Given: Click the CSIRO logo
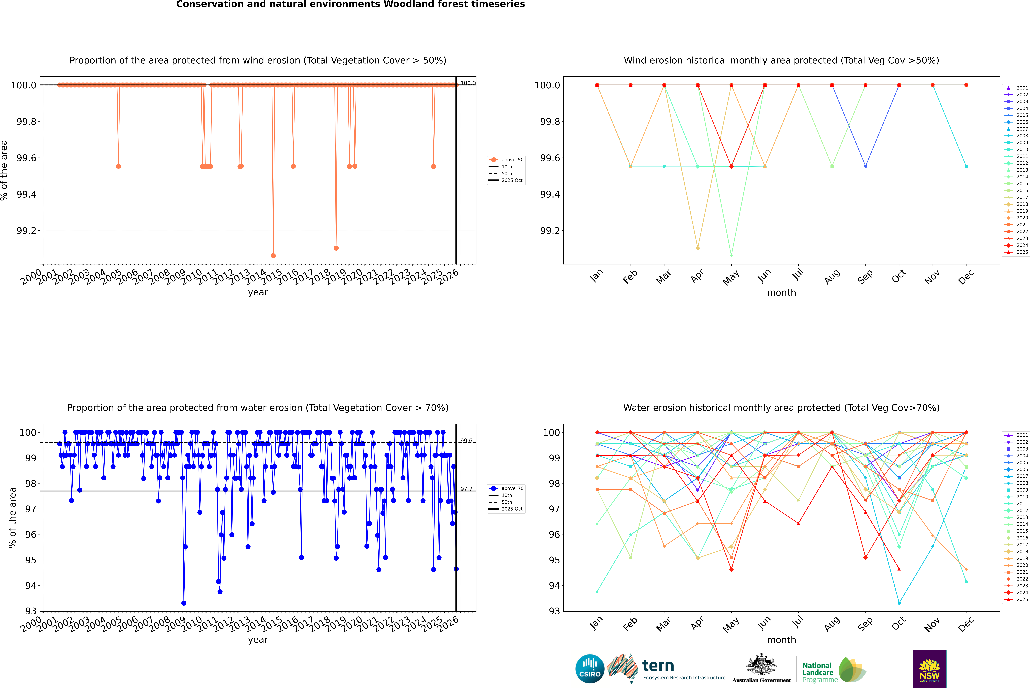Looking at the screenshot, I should tap(590, 669).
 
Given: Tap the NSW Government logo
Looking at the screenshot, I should tap(929, 669).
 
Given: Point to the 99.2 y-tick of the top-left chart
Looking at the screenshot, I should tap(26, 231).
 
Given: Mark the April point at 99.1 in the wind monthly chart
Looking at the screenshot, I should tap(698, 248).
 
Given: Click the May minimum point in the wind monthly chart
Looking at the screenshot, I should tap(731, 255).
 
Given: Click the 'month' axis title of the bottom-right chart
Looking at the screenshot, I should tap(781, 640).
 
